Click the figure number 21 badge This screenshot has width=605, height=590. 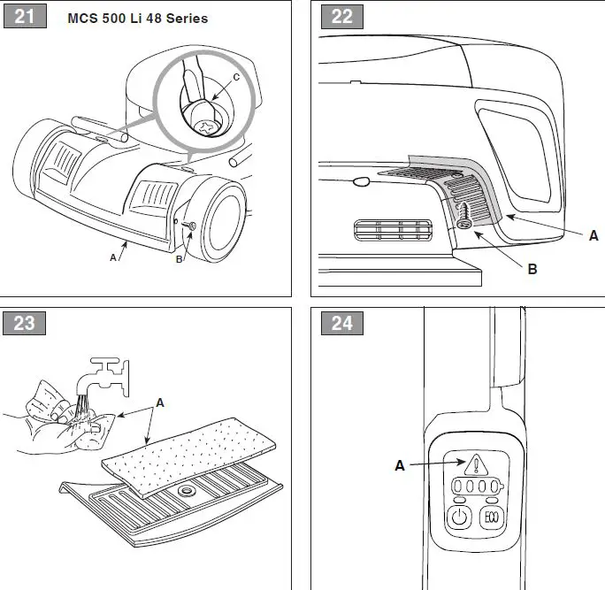[25, 16]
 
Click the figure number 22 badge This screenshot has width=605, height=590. [341, 16]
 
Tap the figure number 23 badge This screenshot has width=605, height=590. [25, 323]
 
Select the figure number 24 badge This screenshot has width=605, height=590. [341, 323]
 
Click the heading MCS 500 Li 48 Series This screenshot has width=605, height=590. [137, 19]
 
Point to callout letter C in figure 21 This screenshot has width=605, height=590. [235, 78]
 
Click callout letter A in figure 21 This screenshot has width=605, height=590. [112, 257]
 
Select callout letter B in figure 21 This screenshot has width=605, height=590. [180, 259]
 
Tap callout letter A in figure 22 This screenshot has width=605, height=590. [594, 235]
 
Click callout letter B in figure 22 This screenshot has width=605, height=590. [532, 269]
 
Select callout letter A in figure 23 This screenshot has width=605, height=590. [159, 402]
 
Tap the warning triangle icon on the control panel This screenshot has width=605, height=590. [477, 464]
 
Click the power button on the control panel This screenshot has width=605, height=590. [459, 517]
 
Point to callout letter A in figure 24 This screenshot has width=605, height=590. [400, 465]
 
